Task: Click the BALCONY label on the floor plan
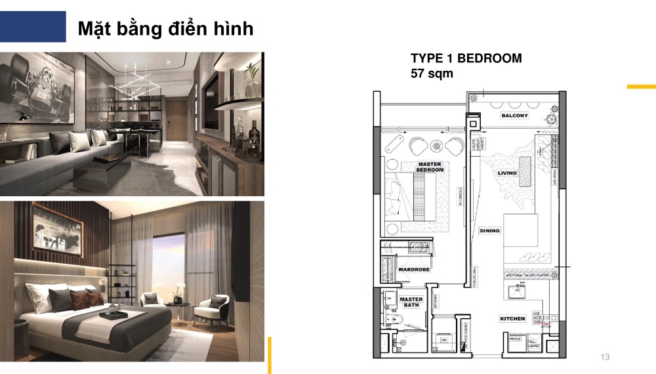click(514, 115)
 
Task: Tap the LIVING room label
click(507, 173)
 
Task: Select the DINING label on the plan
click(489, 231)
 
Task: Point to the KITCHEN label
click(512, 319)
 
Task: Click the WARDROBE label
click(414, 269)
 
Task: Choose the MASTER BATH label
click(411, 302)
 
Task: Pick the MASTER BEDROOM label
click(430, 167)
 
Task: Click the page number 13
click(605, 357)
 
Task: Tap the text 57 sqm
click(432, 73)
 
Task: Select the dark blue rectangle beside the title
click(33, 26)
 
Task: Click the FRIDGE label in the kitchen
click(516, 340)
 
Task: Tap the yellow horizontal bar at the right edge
click(641, 86)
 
